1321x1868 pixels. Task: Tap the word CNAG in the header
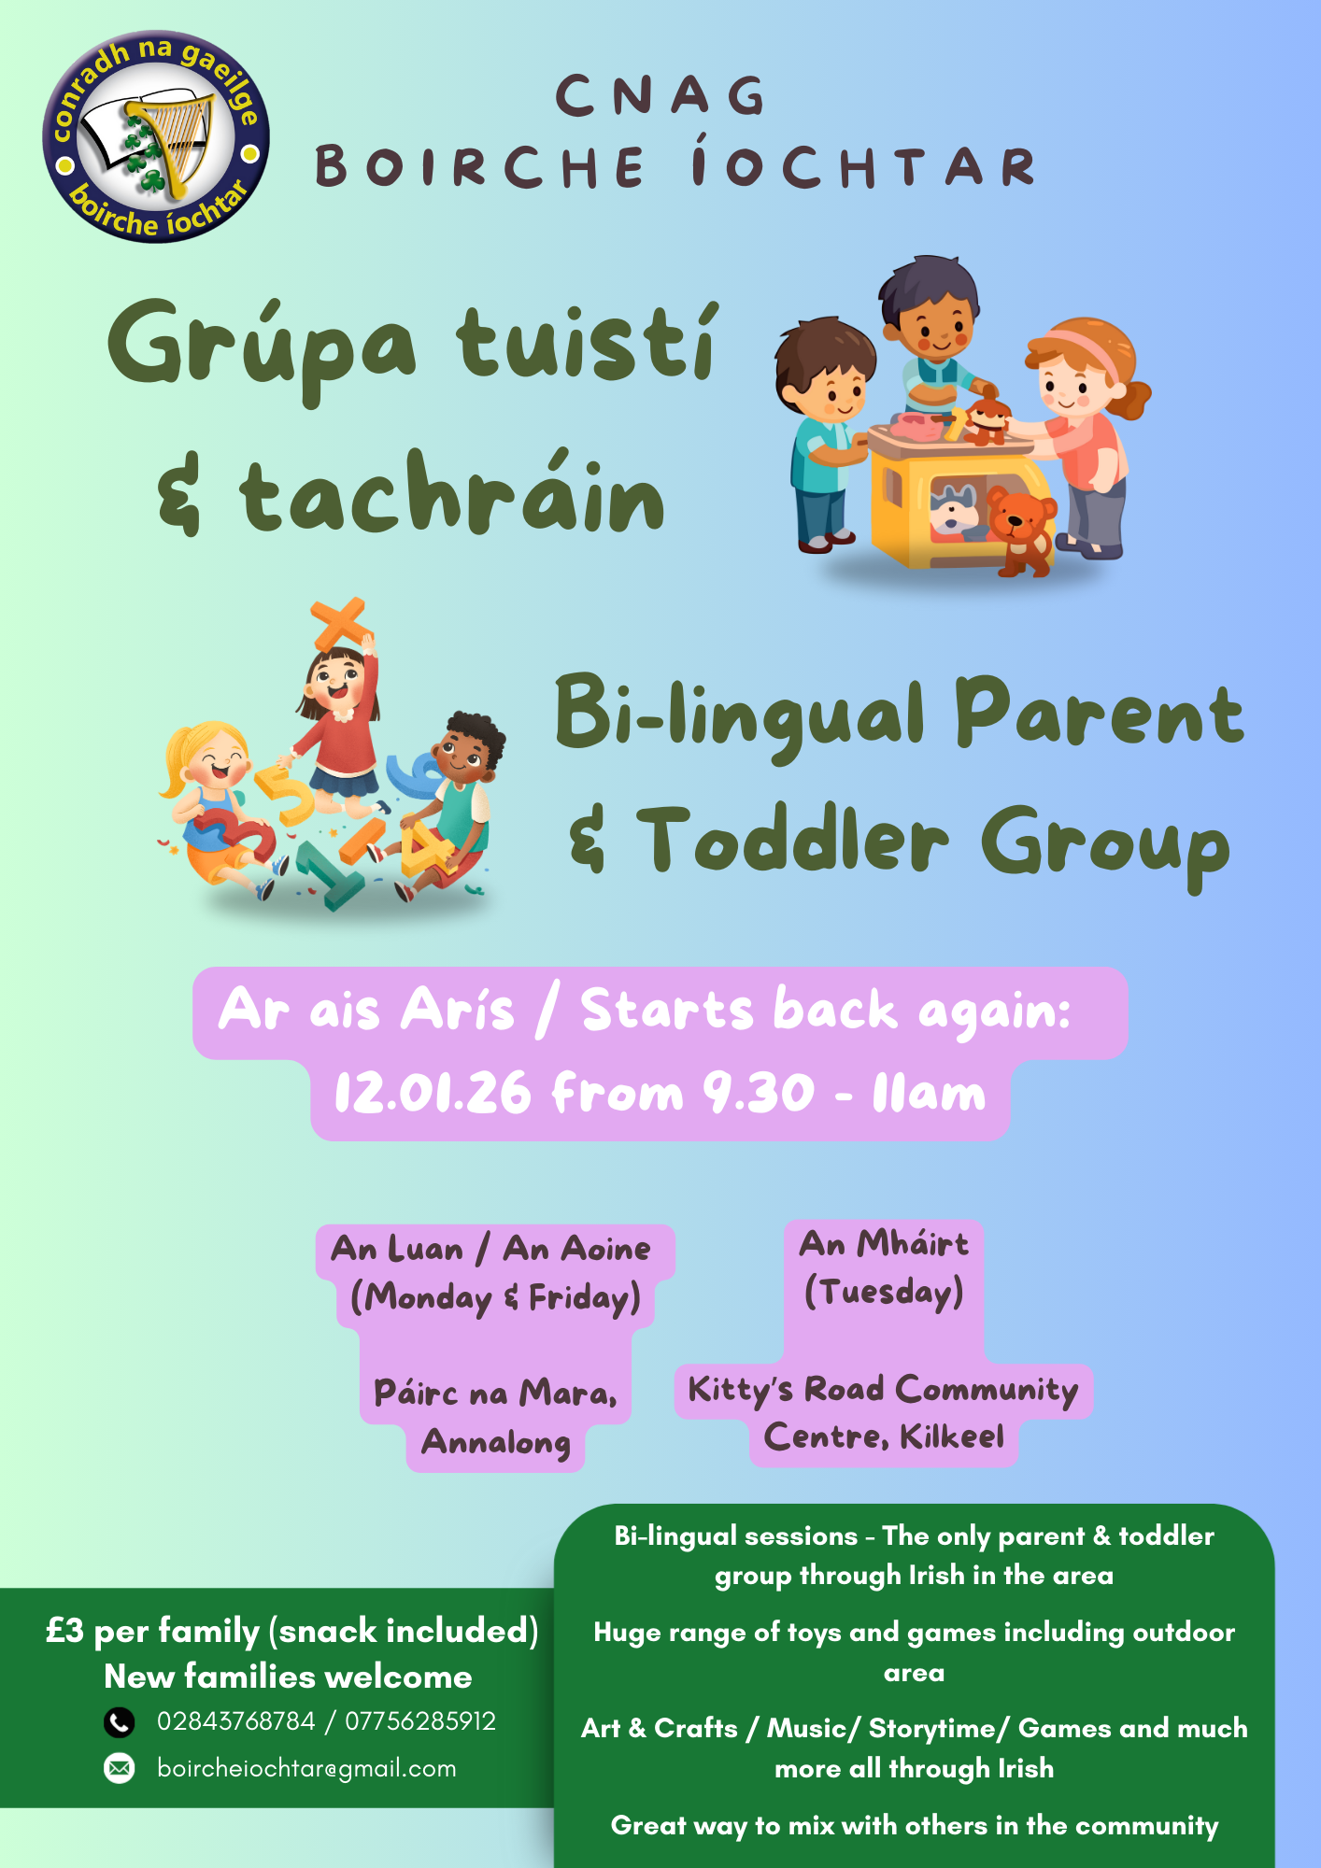(x=661, y=95)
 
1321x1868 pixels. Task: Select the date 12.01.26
(x=433, y=1093)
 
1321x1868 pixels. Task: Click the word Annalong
(x=496, y=1443)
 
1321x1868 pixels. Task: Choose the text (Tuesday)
(x=884, y=1293)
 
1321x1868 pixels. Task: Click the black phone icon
(x=120, y=1721)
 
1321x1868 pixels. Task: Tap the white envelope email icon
(x=120, y=1768)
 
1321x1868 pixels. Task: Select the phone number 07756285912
(x=420, y=1721)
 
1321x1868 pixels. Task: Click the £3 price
(x=65, y=1631)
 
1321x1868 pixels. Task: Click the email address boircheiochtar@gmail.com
(x=306, y=1768)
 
